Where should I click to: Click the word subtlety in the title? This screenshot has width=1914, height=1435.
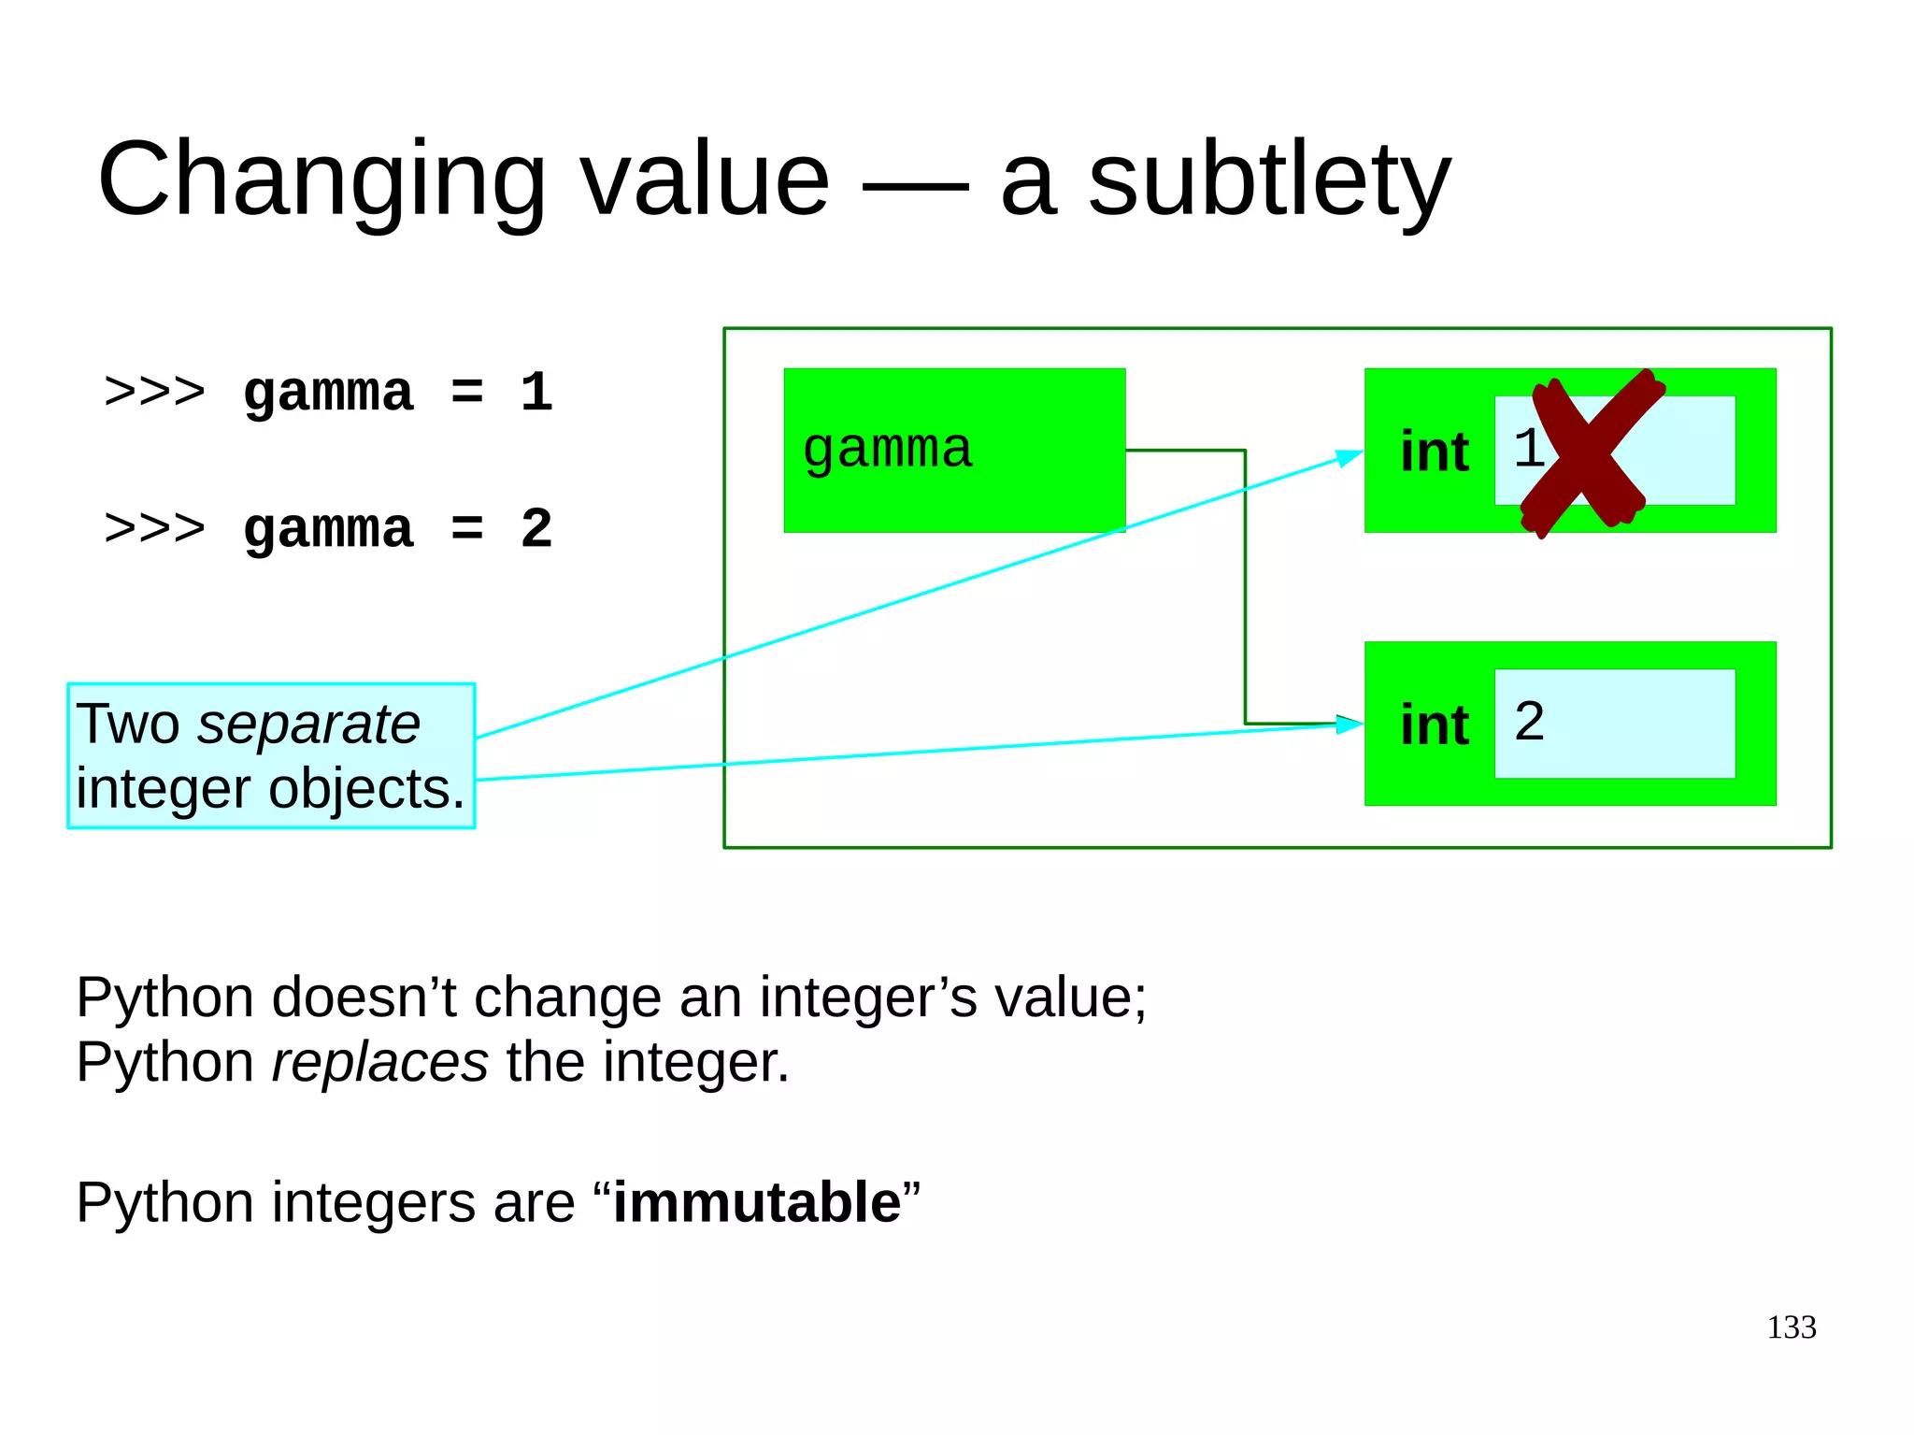1269,179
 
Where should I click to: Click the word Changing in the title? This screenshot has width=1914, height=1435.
321,179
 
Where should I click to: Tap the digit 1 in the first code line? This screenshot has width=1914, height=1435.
536,393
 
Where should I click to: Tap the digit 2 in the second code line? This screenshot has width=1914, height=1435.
536,529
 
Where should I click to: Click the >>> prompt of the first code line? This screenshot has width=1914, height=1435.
154,393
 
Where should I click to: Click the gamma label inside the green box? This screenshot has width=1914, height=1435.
888,450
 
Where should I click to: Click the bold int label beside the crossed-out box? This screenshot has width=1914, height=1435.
1435,452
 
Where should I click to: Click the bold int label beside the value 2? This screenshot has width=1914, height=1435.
1435,725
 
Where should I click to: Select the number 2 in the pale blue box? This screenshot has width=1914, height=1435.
1529,722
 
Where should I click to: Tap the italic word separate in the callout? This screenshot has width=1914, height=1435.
308,725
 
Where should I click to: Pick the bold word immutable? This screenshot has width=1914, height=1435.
757,1202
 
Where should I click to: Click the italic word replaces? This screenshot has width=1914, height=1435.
379,1063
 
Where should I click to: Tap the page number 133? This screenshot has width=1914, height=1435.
1791,1327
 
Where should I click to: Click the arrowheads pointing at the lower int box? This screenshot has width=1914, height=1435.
1350,724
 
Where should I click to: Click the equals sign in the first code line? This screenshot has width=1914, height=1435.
467,393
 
